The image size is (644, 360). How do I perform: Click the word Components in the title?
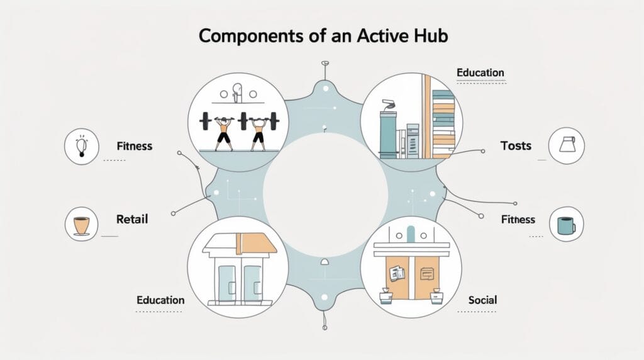[x=252, y=36]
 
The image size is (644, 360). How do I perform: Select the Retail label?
[x=132, y=219]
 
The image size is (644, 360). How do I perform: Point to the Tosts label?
[x=516, y=146]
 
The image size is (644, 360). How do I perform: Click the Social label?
[x=482, y=300]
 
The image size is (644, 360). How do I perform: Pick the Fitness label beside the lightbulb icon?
[x=135, y=146]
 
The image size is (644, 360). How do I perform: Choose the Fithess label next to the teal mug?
[x=518, y=220]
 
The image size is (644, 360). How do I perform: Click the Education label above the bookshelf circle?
[x=480, y=73]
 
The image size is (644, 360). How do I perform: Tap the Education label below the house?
[x=160, y=300]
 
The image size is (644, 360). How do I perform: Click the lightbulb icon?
[x=82, y=147]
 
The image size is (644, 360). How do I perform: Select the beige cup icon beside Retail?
[x=81, y=225]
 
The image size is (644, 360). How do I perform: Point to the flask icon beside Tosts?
[x=567, y=145]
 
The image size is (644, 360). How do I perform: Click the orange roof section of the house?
[x=256, y=244]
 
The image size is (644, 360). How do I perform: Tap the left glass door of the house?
[x=227, y=284]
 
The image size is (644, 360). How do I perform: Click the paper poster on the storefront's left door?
[x=396, y=273]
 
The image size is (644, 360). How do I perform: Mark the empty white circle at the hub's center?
[x=325, y=195]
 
